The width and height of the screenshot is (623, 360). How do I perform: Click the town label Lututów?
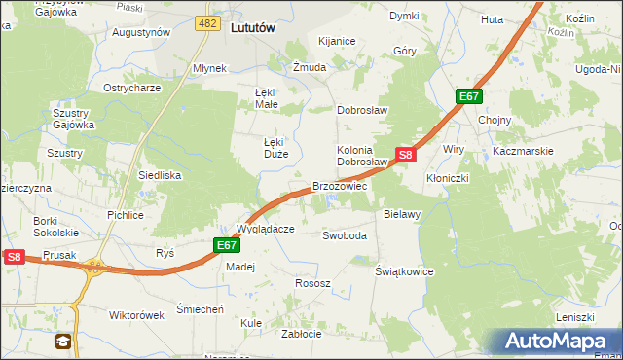coord(253,28)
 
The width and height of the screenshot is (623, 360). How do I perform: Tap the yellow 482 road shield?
coord(206,22)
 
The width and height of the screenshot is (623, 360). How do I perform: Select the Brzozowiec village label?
coord(339,185)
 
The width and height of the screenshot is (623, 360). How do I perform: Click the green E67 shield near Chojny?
coord(469,96)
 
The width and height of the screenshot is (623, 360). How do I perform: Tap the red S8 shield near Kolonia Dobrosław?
coord(407,154)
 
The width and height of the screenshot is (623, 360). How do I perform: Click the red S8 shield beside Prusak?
coord(14,257)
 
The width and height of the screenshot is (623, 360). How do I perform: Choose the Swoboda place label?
coord(345,235)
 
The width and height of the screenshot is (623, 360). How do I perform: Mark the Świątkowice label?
coord(404,271)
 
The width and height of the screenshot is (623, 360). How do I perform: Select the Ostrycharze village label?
coord(132,88)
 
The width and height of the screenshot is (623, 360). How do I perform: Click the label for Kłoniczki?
coord(448,179)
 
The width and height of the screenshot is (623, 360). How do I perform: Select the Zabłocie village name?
coord(301,333)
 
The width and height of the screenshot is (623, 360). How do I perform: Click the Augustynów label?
coord(141,32)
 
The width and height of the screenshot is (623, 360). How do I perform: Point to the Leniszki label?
coord(574,317)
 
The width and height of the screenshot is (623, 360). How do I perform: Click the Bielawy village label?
coord(401,212)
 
